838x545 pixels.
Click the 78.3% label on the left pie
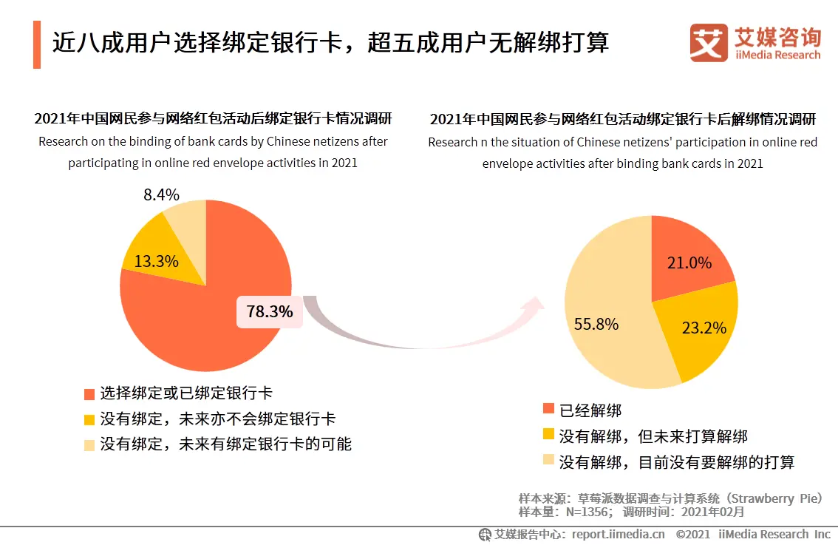[x=270, y=312]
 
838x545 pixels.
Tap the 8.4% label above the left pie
[x=162, y=195]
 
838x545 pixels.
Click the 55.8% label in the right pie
[x=596, y=324]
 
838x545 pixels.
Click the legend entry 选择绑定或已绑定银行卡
[x=185, y=393]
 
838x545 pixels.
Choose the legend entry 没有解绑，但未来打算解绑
[x=653, y=436]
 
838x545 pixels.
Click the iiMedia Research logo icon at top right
[x=709, y=43]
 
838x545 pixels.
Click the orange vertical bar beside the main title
[x=37, y=44]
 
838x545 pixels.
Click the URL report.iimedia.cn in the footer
[x=618, y=534]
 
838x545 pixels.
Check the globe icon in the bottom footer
[x=485, y=534]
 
